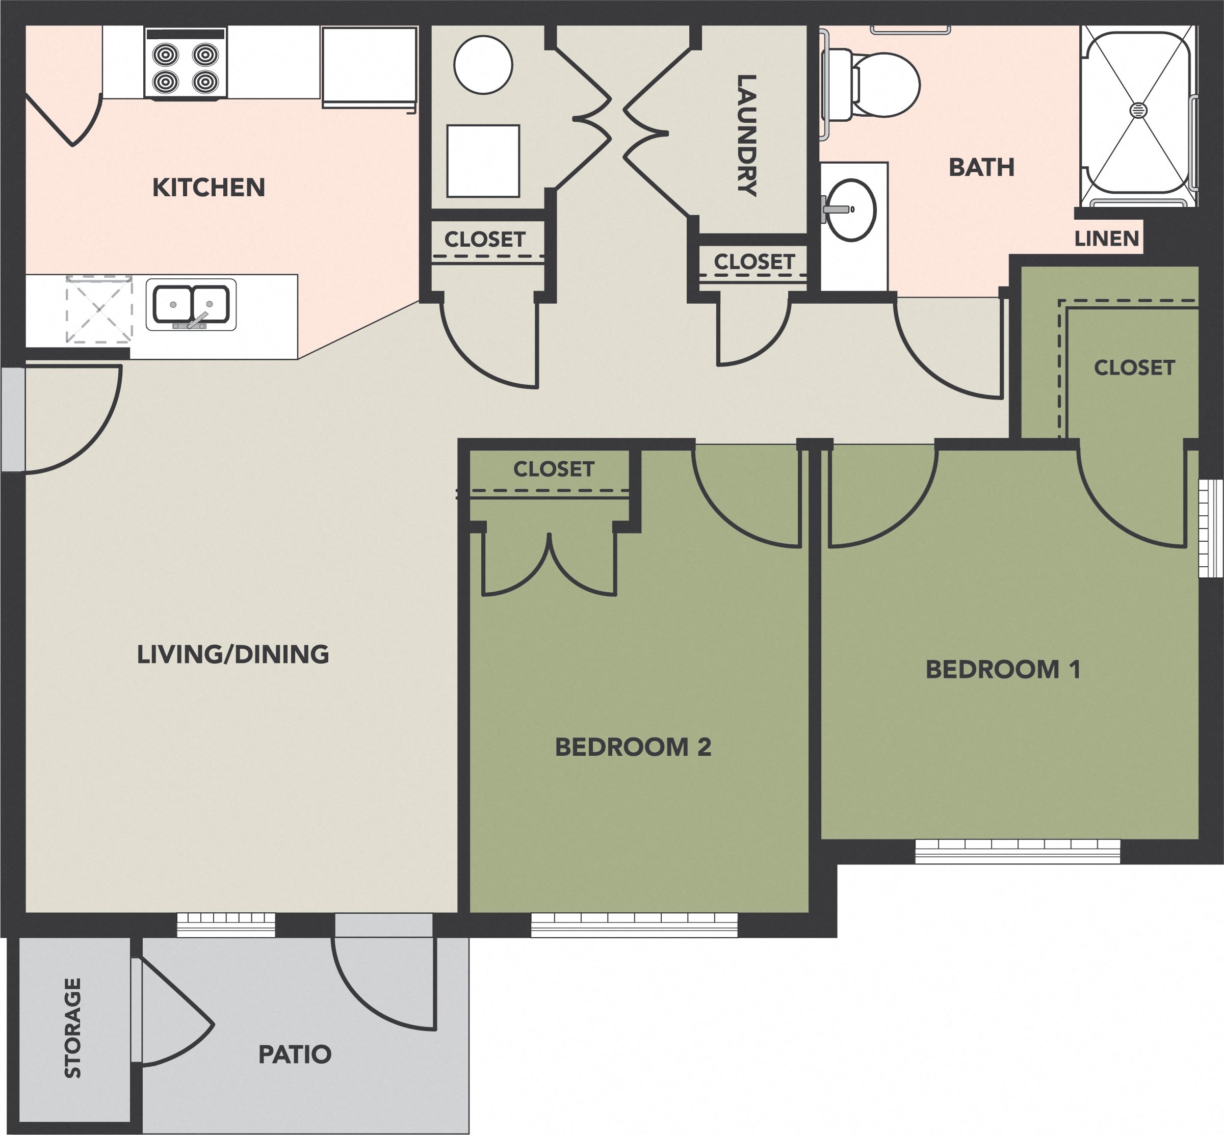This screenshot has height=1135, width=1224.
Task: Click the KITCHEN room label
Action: pos(209,188)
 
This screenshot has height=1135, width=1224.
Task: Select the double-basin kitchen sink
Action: pos(191,304)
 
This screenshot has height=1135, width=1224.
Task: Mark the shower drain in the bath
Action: pos(1138,110)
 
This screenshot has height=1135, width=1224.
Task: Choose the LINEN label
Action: pos(1107,239)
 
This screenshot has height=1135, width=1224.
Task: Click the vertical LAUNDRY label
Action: pos(746,135)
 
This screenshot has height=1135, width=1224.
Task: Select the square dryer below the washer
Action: pos(483,161)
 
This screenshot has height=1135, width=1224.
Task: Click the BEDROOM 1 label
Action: pos(1003,670)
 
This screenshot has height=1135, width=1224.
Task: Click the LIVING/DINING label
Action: pos(233,654)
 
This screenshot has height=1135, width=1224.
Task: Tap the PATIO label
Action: pos(295,1054)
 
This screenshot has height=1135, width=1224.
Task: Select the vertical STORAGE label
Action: pos(72,1027)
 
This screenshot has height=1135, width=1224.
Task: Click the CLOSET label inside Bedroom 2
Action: pos(554,469)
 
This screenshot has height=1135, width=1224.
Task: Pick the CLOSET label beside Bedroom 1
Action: pos(1134,368)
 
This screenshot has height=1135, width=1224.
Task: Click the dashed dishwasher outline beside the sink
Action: pos(99,309)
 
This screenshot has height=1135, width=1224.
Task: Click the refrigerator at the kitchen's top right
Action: pos(369,66)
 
